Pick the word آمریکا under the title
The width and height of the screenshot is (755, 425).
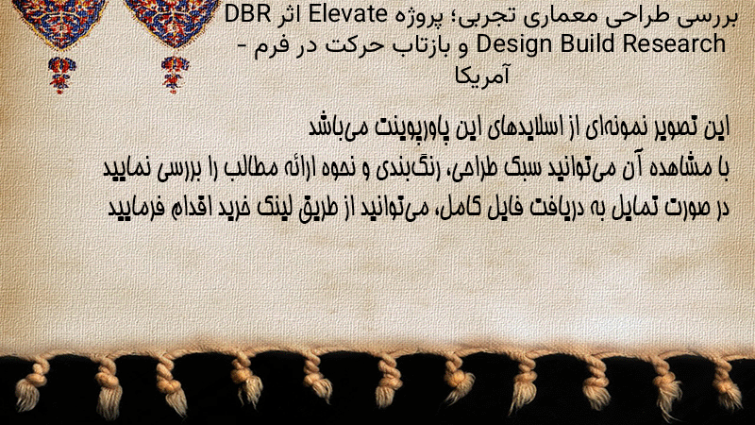coord(482,76)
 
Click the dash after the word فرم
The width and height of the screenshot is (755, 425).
coord(244,45)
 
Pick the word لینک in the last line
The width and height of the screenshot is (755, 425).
coord(269,208)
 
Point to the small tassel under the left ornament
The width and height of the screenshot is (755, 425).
coord(61,75)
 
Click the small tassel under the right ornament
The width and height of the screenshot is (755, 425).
coord(175,75)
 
